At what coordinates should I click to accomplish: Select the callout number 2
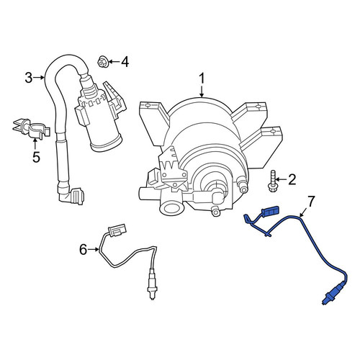pos(292,179)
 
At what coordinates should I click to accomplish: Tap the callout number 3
pos(29,78)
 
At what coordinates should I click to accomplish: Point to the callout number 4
pos(125,62)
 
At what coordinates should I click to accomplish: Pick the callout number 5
pos(36,157)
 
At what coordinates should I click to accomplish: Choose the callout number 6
pos(83,250)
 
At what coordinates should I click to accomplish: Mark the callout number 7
pos(311,202)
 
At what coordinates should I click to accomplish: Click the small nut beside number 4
pos(102,62)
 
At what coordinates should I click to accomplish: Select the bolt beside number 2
pos(272,181)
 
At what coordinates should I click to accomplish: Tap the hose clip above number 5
pos(31,128)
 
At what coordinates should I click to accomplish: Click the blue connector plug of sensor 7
pos(270,211)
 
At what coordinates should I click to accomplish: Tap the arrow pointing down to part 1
pos(202,91)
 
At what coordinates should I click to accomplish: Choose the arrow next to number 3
pos(38,78)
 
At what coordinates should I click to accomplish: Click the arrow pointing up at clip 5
pos(35,145)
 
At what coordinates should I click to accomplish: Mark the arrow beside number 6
pos(93,250)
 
